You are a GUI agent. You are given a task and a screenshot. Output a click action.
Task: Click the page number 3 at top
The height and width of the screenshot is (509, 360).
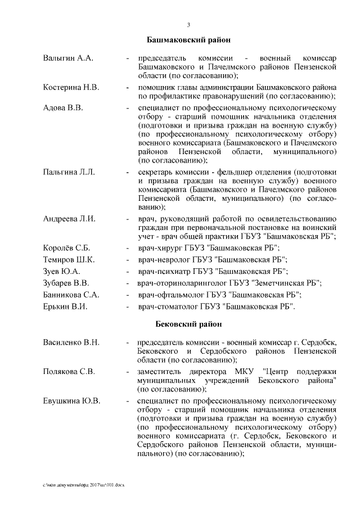(x=188, y=24)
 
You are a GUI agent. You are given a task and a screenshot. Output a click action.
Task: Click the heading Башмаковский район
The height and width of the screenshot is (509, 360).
(x=188, y=41)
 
